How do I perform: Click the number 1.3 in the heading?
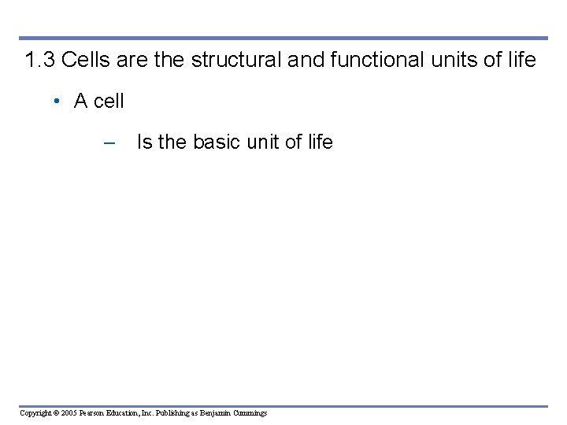coord(39,60)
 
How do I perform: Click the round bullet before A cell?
coord(57,102)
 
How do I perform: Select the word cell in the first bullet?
coord(109,102)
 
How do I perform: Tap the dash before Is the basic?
coord(109,142)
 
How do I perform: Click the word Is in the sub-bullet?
coord(145,142)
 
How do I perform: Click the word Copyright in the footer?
coord(35,413)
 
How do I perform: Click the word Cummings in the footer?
coord(251,413)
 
